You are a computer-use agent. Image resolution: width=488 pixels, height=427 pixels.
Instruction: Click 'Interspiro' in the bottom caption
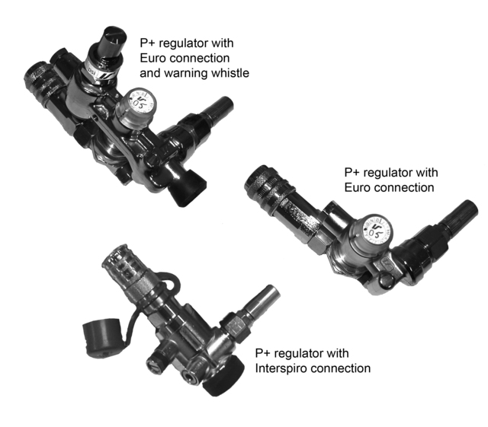(x=282, y=368)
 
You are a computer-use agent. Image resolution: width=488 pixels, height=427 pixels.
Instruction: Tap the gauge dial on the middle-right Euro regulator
(x=373, y=226)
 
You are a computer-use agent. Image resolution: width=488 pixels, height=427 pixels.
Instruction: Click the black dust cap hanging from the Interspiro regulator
(x=101, y=334)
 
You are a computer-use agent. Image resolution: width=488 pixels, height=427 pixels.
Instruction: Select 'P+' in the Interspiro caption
(x=263, y=354)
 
